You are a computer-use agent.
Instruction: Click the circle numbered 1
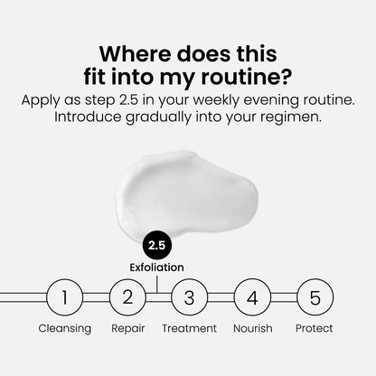point(64,296)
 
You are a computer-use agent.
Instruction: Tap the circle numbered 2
point(127,296)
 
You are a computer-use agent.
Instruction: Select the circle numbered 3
point(189,296)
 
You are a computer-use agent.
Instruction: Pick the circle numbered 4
point(252,296)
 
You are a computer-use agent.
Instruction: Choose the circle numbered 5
point(315,296)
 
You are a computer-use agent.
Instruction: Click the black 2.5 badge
point(158,245)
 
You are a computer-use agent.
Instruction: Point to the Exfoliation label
point(158,268)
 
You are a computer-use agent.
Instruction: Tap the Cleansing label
point(64,328)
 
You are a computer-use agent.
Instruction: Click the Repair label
point(127,328)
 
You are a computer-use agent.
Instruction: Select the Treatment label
point(189,328)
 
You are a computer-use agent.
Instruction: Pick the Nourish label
point(252,328)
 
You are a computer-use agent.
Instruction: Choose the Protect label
point(315,328)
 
